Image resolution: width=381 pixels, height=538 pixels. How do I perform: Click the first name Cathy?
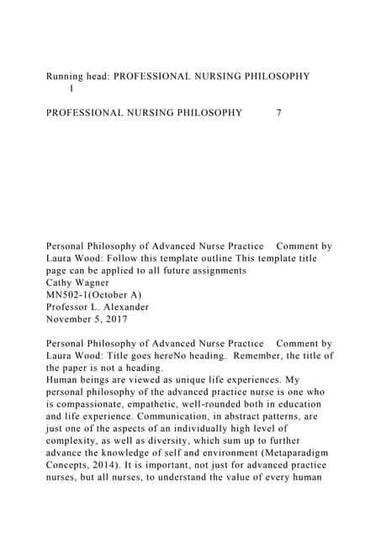click(x=62, y=283)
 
